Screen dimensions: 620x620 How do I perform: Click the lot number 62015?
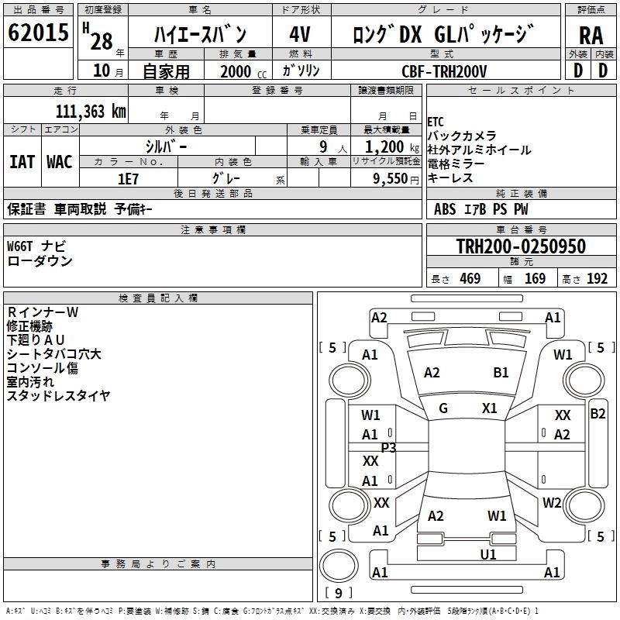click(39, 34)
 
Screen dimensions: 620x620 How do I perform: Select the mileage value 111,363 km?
click(91, 111)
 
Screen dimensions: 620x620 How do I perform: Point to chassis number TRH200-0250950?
click(520, 246)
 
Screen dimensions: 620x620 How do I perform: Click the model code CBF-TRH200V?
click(444, 71)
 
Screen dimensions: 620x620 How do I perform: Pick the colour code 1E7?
click(129, 178)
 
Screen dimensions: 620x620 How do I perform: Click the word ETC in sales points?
click(436, 122)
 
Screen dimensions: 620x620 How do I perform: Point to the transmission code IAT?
click(22, 162)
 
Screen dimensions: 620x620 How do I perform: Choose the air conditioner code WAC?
click(60, 162)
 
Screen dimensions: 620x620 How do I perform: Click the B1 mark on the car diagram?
click(501, 373)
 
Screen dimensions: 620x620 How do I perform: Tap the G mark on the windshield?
click(443, 408)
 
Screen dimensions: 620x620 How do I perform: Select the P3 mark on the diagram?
click(388, 447)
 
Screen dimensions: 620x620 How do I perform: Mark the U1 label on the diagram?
click(488, 554)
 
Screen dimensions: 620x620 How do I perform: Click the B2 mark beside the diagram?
click(598, 414)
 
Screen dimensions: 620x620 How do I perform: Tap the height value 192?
click(597, 279)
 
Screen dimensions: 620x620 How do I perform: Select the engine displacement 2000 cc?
click(239, 71)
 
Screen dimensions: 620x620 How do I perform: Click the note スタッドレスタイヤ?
click(58, 396)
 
